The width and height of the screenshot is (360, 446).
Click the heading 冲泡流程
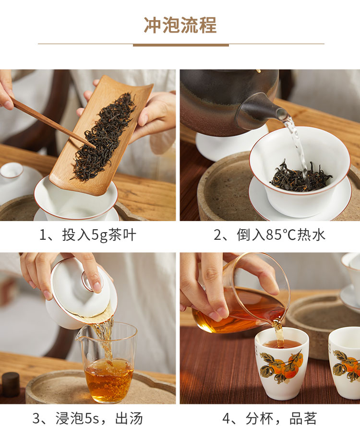point(180,25)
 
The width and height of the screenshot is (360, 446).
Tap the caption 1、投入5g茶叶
point(88,235)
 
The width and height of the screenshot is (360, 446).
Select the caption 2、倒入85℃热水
point(269,235)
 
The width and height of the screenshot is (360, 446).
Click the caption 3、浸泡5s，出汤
point(88,418)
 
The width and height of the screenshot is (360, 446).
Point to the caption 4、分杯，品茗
point(269,418)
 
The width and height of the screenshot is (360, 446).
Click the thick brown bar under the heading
point(181,45)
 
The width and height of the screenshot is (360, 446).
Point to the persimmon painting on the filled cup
point(282,366)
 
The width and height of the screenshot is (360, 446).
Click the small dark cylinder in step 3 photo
point(11,385)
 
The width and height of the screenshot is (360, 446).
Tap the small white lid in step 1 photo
point(12,171)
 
